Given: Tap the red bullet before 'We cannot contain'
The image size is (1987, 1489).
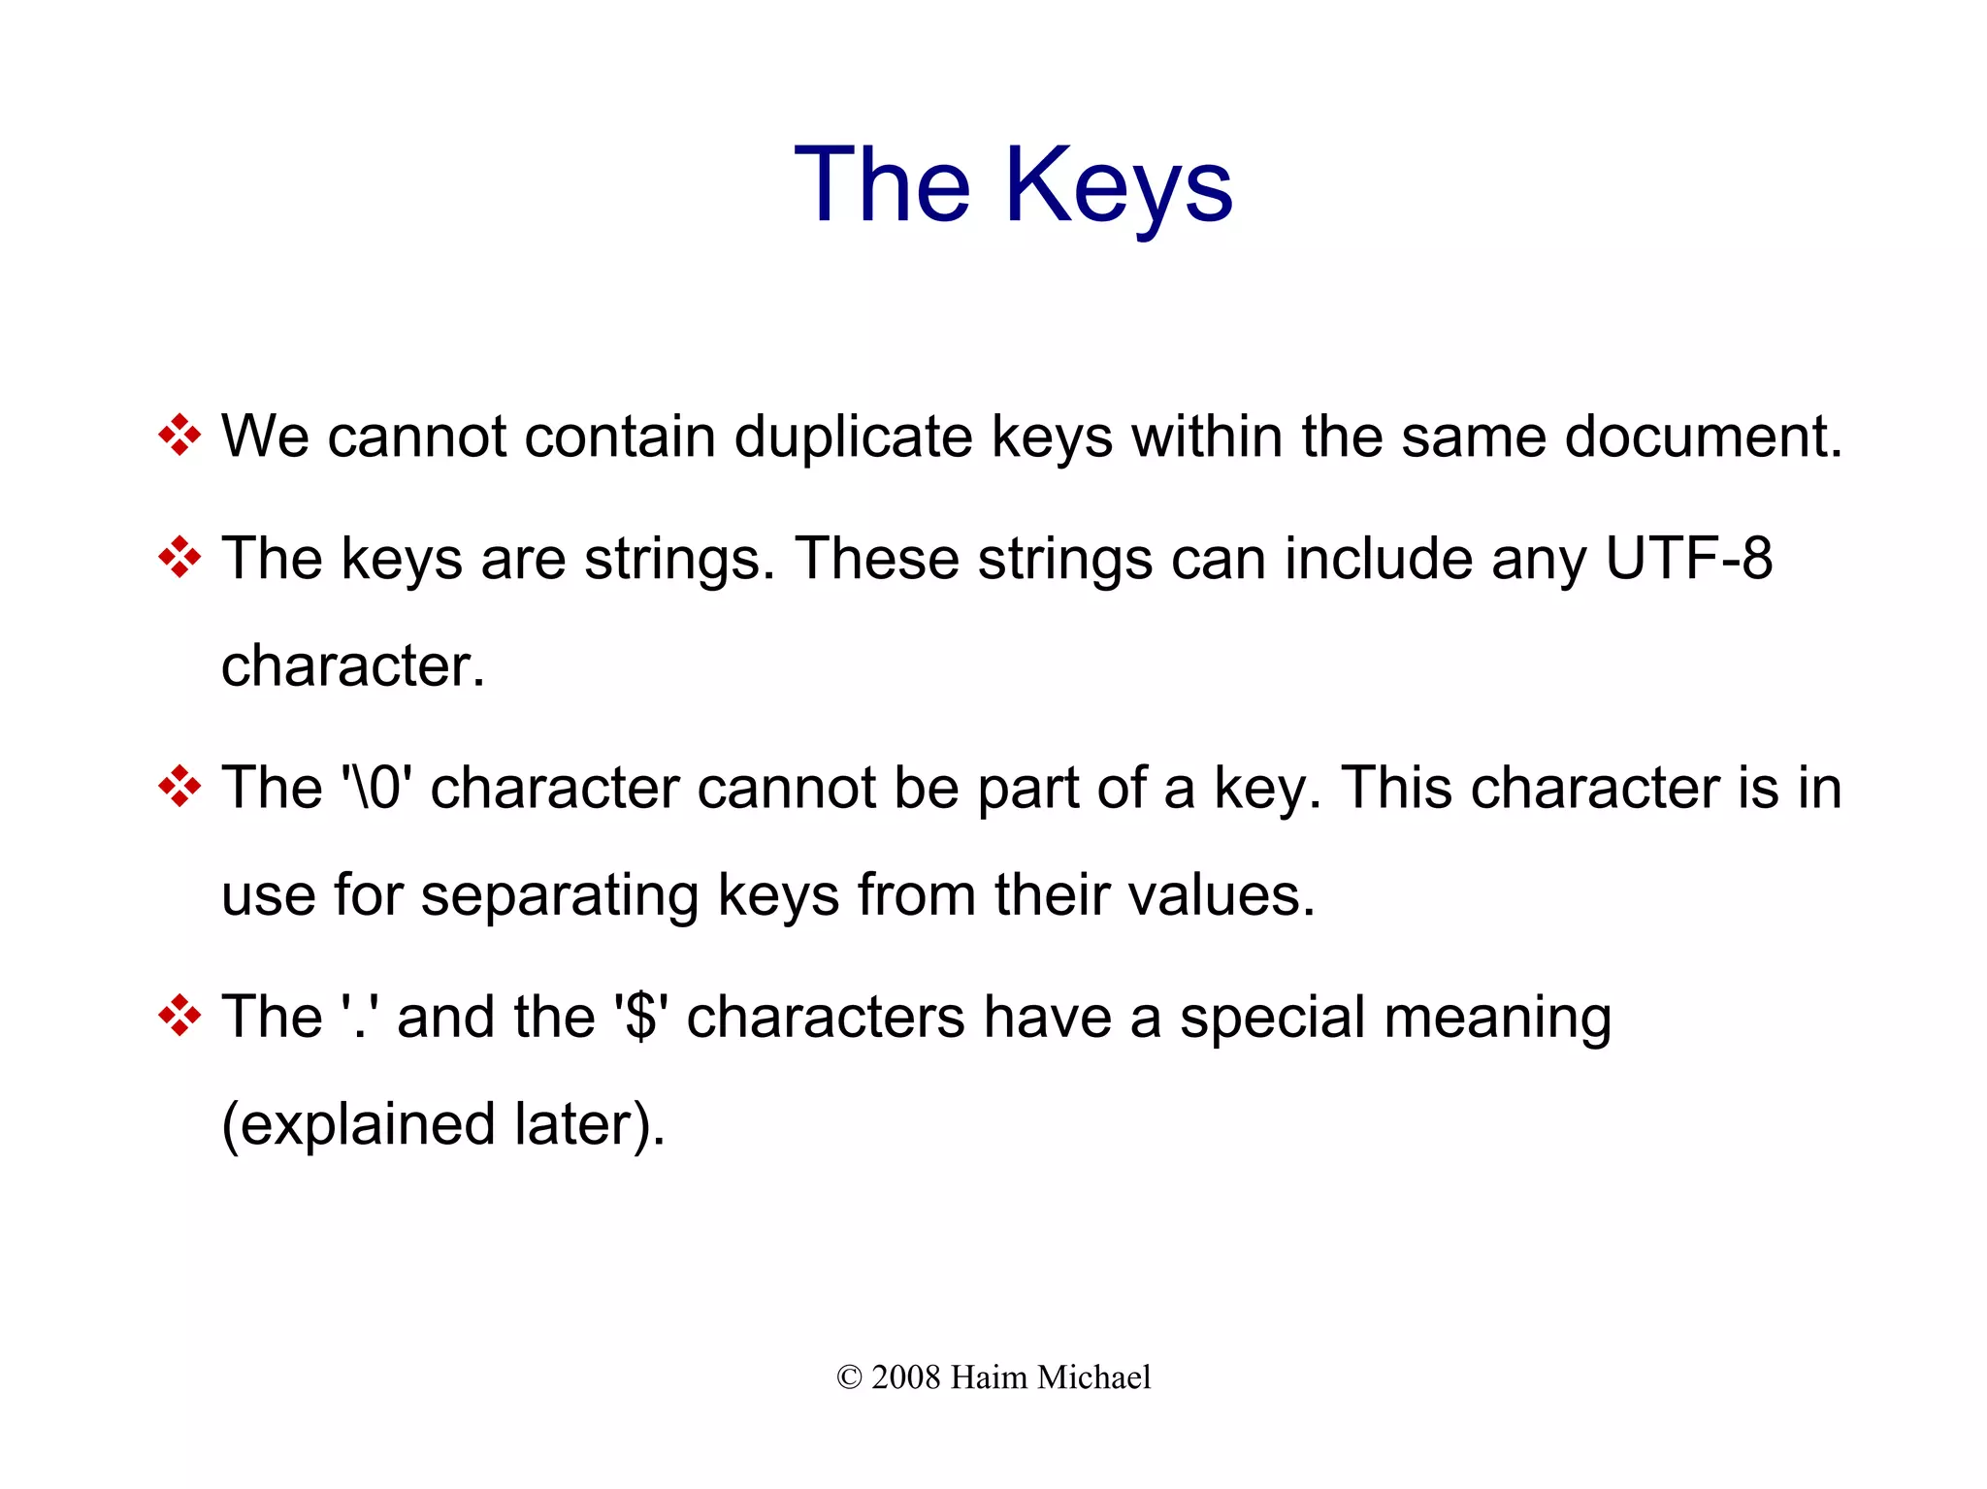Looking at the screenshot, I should pyautogui.click(x=179, y=435).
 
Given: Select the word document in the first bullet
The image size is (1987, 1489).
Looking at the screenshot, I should pyautogui.click(x=1703, y=437).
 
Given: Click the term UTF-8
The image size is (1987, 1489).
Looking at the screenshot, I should pyautogui.click(x=1688, y=559).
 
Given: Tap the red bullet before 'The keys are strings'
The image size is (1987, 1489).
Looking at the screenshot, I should pyautogui.click(x=179, y=557).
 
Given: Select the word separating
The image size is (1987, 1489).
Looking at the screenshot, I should pyautogui.click(x=559, y=895).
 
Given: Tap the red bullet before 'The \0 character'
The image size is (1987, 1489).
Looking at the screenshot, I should pyautogui.click(x=179, y=786).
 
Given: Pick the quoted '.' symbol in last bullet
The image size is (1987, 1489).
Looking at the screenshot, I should pyautogui.click(x=360, y=1018).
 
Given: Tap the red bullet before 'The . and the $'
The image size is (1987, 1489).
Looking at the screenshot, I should pyautogui.click(x=179, y=1016).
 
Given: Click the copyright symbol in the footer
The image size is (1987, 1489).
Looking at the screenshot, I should pyautogui.click(x=849, y=1377).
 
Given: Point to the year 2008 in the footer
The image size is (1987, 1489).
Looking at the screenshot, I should pyautogui.click(x=905, y=1377).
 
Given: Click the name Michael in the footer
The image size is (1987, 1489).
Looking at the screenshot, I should pyautogui.click(x=1093, y=1377).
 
